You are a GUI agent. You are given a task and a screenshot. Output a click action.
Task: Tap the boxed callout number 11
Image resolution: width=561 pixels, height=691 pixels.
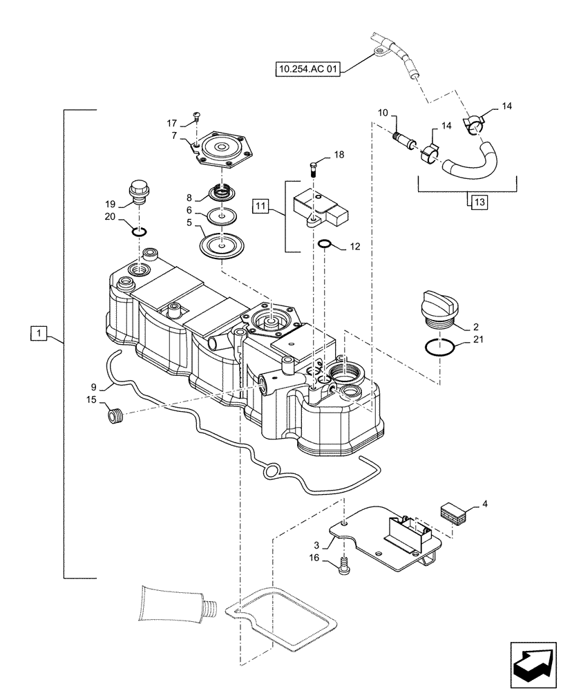pos(259,205)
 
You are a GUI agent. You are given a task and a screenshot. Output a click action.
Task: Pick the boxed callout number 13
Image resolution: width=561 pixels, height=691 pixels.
pos(479,202)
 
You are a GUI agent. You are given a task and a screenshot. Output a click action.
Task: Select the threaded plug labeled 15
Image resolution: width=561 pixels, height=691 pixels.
pos(113,416)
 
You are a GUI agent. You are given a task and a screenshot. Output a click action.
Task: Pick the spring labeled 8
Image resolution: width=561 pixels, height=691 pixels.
pos(221,193)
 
